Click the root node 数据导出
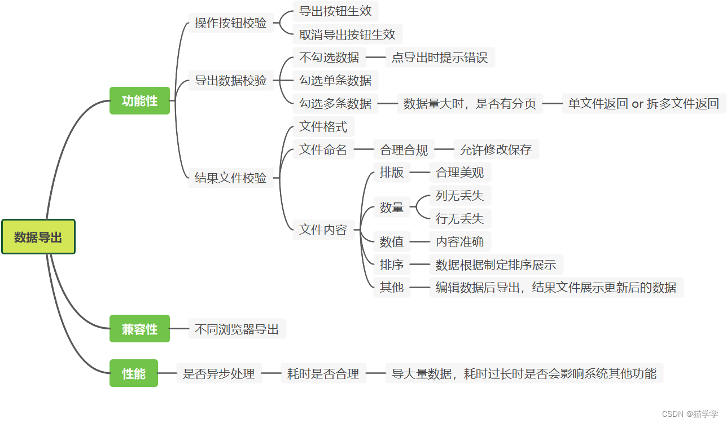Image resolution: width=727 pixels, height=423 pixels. (x=38, y=237)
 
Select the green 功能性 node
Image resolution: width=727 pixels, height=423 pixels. (x=139, y=101)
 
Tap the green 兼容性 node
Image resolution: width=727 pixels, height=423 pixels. (x=139, y=329)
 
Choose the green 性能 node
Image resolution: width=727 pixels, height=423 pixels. (x=134, y=373)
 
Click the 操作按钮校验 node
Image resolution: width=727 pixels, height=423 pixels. (x=230, y=23)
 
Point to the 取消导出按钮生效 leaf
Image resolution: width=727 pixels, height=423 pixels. (x=347, y=34)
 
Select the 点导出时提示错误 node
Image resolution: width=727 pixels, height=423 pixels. (x=440, y=57)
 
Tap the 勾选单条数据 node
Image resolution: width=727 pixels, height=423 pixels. (x=335, y=80)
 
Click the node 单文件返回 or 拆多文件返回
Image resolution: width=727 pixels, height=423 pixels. (x=643, y=104)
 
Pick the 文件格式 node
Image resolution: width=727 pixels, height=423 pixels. (x=323, y=126)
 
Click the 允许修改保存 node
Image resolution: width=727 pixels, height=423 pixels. (x=496, y=149)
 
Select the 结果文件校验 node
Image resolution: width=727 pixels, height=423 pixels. (x=230, y=178)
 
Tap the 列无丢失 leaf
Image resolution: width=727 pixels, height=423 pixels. (x=460, y=196)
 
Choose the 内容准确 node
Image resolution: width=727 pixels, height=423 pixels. (x=460, y=242)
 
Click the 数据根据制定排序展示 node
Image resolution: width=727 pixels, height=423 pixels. (x=496, y=265)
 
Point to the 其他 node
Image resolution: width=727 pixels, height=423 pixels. (x=392, y=287)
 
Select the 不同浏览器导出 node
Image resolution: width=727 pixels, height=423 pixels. (x=237, y=329)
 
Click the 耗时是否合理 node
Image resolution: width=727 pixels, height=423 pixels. (x=323, y=373)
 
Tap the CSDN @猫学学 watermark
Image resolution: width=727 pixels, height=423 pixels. (x=690, y=413)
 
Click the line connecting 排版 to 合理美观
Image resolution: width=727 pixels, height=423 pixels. (x=420, y=173)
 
